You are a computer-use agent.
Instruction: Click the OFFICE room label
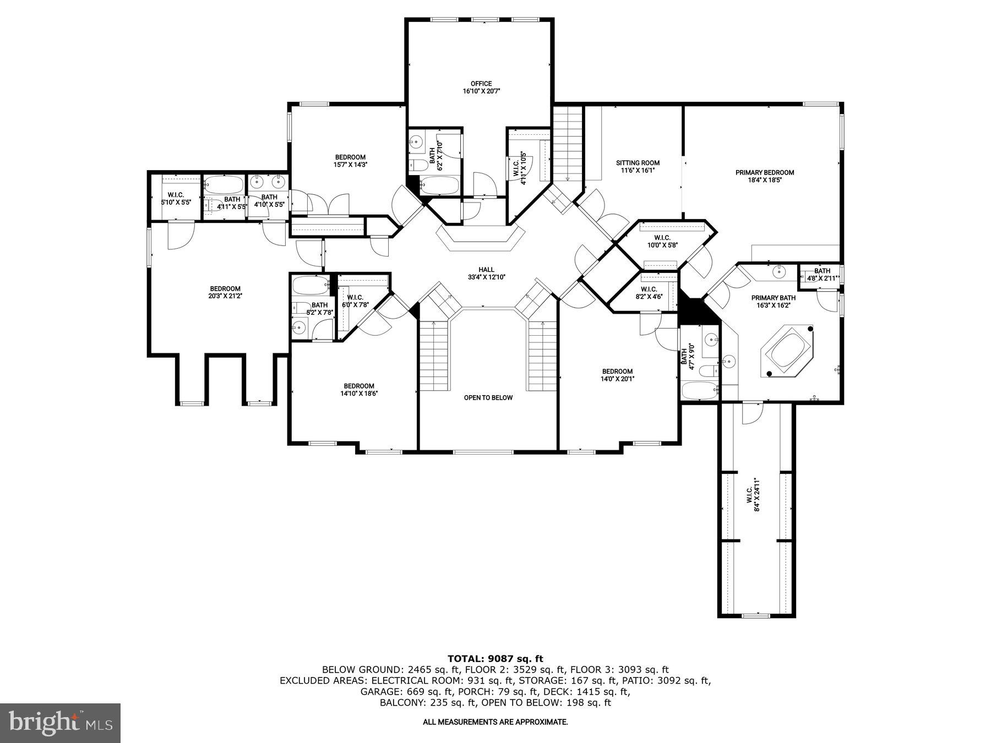point(481,88)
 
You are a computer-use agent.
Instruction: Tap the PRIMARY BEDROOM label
point(764,176)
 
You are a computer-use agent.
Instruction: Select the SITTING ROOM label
point(637,166)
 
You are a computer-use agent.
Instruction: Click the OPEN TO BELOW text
point(488,397)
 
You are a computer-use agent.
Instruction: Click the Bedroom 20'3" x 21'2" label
point(225,292)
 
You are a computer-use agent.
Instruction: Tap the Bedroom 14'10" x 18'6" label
point(359,390)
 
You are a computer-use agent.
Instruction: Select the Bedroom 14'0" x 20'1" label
point(617,375)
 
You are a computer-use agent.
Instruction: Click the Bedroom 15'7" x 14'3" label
point(350,161)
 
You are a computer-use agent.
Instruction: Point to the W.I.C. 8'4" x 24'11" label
point(753,495)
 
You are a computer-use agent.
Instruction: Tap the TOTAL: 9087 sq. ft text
point(495,658)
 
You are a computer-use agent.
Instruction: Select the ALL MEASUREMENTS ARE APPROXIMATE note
point(495,722)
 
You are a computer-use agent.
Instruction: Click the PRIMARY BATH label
point(773,302)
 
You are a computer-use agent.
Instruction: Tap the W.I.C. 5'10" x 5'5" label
point(176,199)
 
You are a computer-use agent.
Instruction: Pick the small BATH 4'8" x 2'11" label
point(821,275)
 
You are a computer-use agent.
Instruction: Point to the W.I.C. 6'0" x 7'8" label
point(355,301)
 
